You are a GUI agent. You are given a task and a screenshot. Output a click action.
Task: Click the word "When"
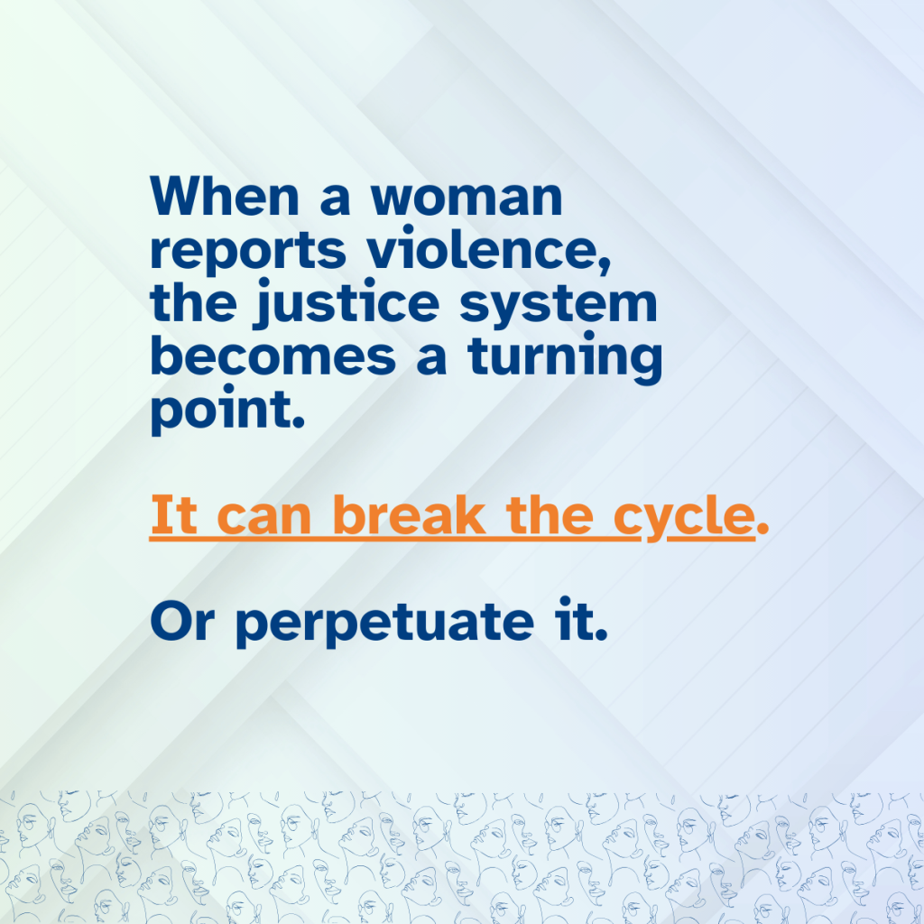coord(225,196)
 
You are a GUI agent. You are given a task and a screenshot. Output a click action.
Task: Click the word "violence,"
coord(489,249)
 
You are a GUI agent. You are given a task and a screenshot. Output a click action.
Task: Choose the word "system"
coord(558,305)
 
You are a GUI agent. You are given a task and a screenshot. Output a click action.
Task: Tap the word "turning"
coord(565,357)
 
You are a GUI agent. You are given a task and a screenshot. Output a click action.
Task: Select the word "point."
coord(228,411)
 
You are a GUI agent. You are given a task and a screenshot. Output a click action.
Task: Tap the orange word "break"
coord(409,514)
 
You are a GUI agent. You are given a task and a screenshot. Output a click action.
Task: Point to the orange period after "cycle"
coord(762,529)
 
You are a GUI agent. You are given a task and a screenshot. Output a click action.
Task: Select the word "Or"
coord(181,622)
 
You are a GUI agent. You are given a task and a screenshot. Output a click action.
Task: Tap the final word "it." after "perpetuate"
coord(581,619)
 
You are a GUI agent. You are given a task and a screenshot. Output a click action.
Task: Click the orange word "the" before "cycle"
coord(550,514)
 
